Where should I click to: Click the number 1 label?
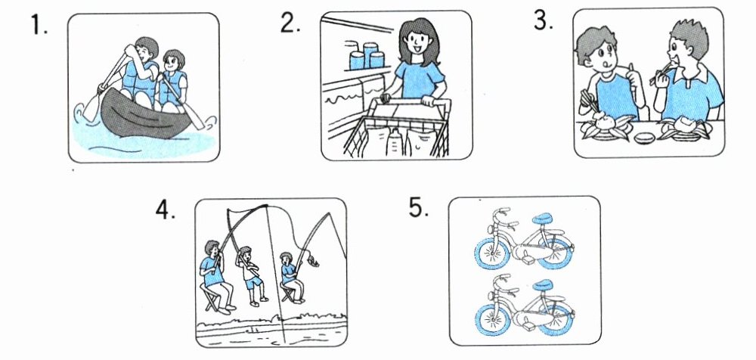click(39, 24)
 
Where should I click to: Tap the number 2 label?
click(291, 22)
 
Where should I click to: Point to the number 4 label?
click(166, 209)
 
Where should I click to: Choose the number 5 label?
click(419, 207)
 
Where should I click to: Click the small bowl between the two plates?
click(645, 138)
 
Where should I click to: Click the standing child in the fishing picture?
click(252, 276)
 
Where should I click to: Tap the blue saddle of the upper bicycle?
click(544, 218)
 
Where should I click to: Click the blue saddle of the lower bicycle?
click(544, 285)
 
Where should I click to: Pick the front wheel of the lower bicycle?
click(493, 320)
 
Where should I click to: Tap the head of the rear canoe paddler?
click(174, 61)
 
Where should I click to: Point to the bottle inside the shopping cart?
click(395, 141)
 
